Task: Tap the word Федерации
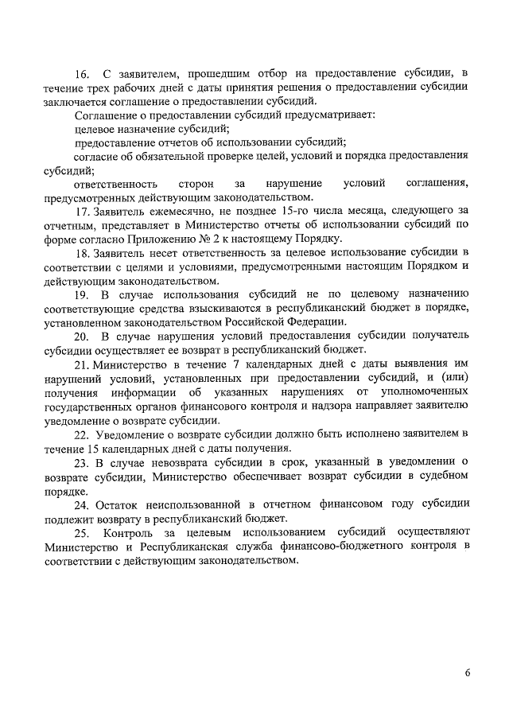[x=316, y=321]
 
